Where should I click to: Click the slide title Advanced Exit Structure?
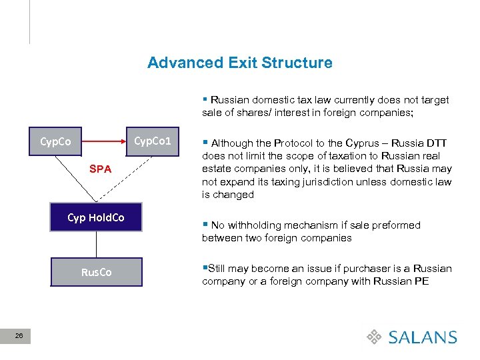click(239, 63)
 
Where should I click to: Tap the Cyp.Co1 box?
click(153, 141)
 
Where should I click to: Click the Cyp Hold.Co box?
click(96, 218)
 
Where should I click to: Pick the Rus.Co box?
click(96, 272)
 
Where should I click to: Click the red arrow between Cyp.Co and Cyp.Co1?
click(103, 141)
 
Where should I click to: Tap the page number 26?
click(19, 337)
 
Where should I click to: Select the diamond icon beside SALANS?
click(375, 337)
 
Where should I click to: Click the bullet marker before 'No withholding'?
click(205, 225)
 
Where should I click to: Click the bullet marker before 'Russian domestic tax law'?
click(205, 100)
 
